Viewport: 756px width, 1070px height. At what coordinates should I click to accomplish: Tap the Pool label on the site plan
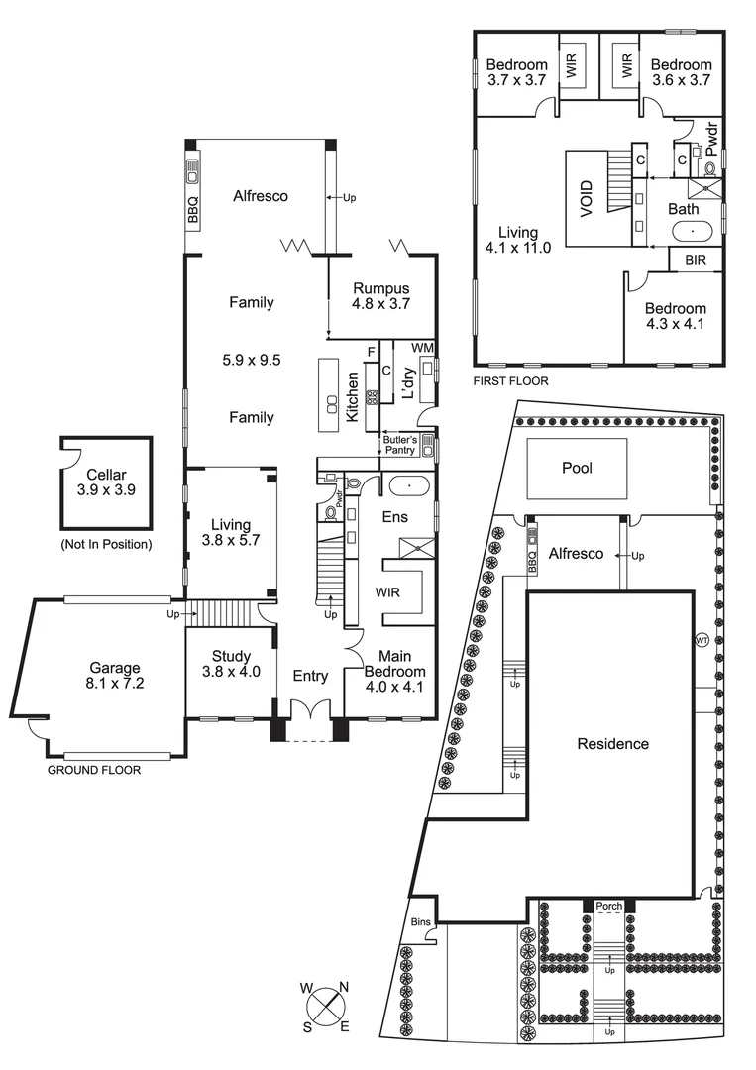click(577, 468)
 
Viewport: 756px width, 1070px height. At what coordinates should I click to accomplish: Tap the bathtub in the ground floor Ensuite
click(407, 486)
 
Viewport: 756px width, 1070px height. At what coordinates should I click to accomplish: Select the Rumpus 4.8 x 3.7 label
click(381, 296)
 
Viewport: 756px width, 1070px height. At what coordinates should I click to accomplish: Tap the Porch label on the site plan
click(609, 906)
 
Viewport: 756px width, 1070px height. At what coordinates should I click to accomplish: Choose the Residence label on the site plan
click(613, 744)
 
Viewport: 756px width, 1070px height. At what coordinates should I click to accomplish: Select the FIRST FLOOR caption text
click(509, 380)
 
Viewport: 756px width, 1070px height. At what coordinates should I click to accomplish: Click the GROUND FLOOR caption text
click(94, 769)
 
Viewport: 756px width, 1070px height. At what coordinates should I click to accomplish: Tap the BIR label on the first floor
click(694, 261)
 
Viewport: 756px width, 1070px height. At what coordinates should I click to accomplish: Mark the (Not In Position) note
click(105, 544)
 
